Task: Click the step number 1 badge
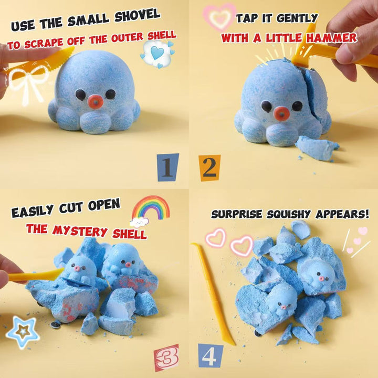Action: [x=168, y=167]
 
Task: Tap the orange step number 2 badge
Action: [x=209, y=168]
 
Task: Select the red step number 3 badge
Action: [x=166, y=358]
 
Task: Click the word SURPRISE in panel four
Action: [x=236, y=214]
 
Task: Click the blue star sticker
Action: [x=23, y=332]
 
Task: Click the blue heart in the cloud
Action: [x=157, y=53]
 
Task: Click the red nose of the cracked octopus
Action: [x=281, y=113]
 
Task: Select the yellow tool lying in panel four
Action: [x=212, y=293]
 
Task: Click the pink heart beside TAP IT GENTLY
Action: [x=219, y=17]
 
